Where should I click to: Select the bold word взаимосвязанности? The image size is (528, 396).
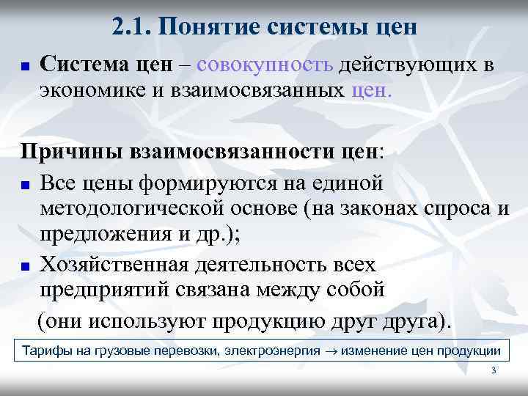242,153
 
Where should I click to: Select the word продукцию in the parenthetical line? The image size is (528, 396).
267,322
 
